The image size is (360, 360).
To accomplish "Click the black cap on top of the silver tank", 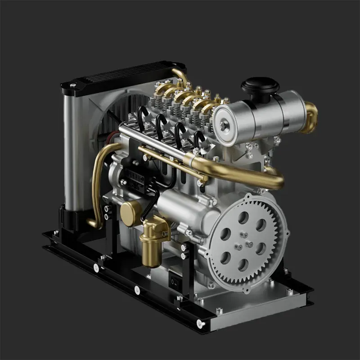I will [x=260, y=85].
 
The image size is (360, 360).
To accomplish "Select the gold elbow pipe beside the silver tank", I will [x=310, y=117].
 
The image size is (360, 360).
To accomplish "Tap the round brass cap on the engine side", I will [x=130, y=213].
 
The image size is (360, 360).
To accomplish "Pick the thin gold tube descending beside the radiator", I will [x=96, y=180].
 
